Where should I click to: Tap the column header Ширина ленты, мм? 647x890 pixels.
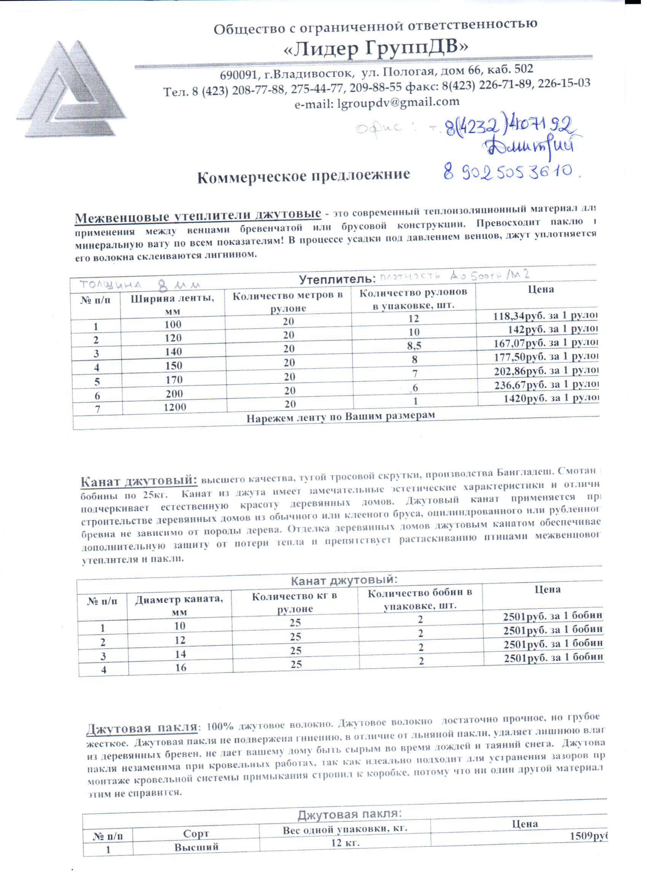pyautogui.click(x=172, y=304)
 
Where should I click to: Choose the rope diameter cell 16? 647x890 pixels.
pyautogui.click(x=181, y=668)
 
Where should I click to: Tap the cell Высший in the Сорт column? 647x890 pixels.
pyautogui.click(x=196, y=847)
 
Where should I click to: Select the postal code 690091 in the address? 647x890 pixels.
pyautogui.click(x=237, y=75)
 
